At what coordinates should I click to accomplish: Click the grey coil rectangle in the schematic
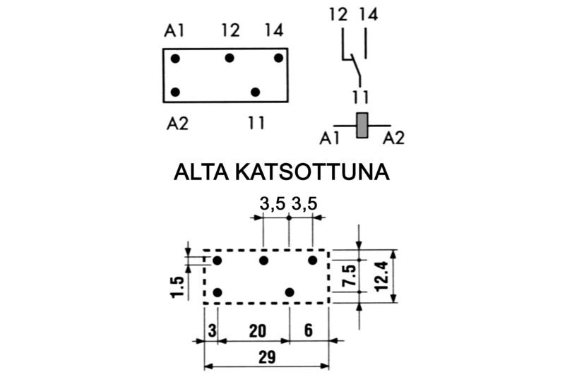pyautogui.click(x=362, y=125)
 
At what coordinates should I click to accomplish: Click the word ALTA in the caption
pyautogui.click(x=201, y=172)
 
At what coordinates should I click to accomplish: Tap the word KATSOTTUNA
pyautogui.click(x=312, y=172)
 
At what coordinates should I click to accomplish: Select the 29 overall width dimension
pyautogui.click(x=267, y=357)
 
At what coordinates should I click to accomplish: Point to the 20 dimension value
pyautogui.click(x=258, y=331)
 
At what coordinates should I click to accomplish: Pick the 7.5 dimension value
pyautogui.click(x=349, y=275)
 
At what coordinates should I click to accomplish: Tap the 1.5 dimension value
pyautogui.click(x=177, y=287)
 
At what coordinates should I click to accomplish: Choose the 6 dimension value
pyautogui.click(x=309, y=330)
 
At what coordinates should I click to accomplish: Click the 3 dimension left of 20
pyautogui.click(x=213, y=331)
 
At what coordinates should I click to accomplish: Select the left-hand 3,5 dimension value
pyautogui.click(x=273, y=203)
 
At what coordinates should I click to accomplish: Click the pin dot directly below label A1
pyautogui.click(x=175, y=59)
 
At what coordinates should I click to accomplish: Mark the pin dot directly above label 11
pyautogui.click(x=255, y=92)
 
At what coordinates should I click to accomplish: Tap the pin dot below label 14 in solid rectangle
pyautogui.click(x=278, y=58)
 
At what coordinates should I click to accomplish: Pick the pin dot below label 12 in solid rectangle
pyautogui.click(x=229, y=58)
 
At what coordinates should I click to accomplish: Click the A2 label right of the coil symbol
pyautogui.click(x=394, y=138)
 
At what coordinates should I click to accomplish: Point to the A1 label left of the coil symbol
pyautogui.click(x=329, y=138)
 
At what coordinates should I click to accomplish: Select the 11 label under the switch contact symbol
pyautogui.click(x=361, y=97)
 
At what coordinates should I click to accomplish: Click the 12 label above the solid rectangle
pyautogui.click(x=231, y=30)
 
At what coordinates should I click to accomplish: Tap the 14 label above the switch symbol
pyautogui.click(x=368, y=15)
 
